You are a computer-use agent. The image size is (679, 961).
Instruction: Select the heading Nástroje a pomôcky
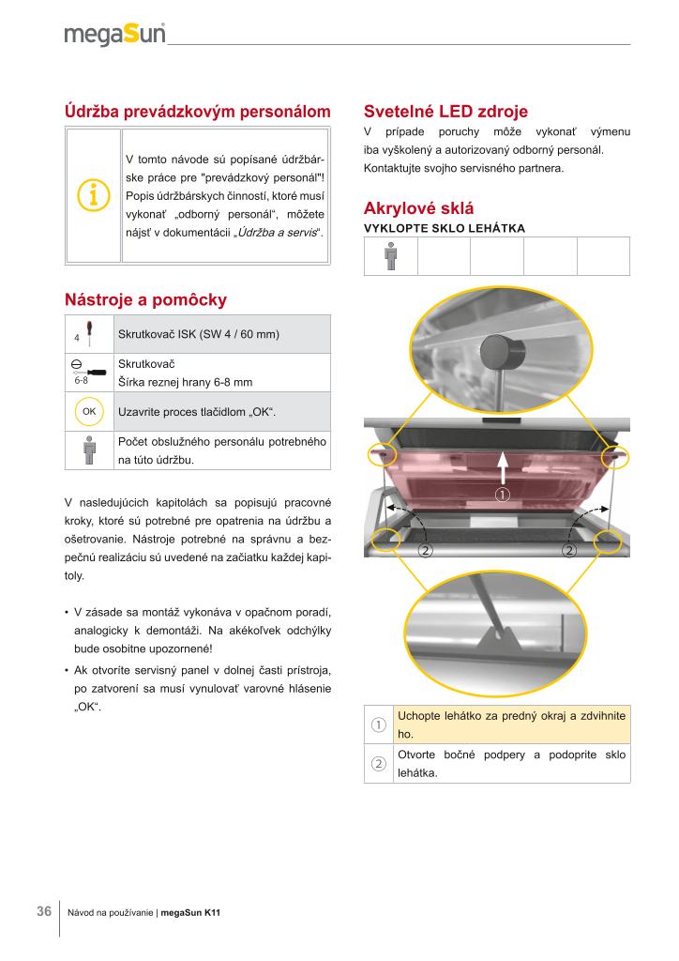click(x=145, y=300)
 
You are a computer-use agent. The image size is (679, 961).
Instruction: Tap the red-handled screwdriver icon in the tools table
click(x=88, y=332)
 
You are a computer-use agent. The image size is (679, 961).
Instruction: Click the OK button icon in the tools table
click(x=89, y=411)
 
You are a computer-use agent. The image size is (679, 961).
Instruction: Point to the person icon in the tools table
click(x=89, y=450)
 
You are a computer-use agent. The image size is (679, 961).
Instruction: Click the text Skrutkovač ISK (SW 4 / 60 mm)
click(x=199, y=335)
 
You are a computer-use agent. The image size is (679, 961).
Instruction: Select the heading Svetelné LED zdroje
click(x=445, y=111)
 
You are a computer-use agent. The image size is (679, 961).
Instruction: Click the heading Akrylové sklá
click(x=418, y=208)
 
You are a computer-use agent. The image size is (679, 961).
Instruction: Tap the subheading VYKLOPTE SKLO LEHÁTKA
click(x=444, y=228)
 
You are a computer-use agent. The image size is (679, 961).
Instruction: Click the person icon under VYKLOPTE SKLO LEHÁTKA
click(x=390, y=256)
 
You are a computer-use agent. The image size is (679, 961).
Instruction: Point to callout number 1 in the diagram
click(x=503, y=494)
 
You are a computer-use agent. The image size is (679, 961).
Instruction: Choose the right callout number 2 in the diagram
click(x=568, y=549)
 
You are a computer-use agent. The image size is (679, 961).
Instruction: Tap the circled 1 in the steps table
click(x=379, y=725)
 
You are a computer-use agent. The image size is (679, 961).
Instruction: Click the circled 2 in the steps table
click(x=379, y=764)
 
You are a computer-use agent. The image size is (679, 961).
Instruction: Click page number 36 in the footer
click(x=44, y=912)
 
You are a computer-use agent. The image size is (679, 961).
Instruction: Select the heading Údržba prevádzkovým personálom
click(x=198, y=111)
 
